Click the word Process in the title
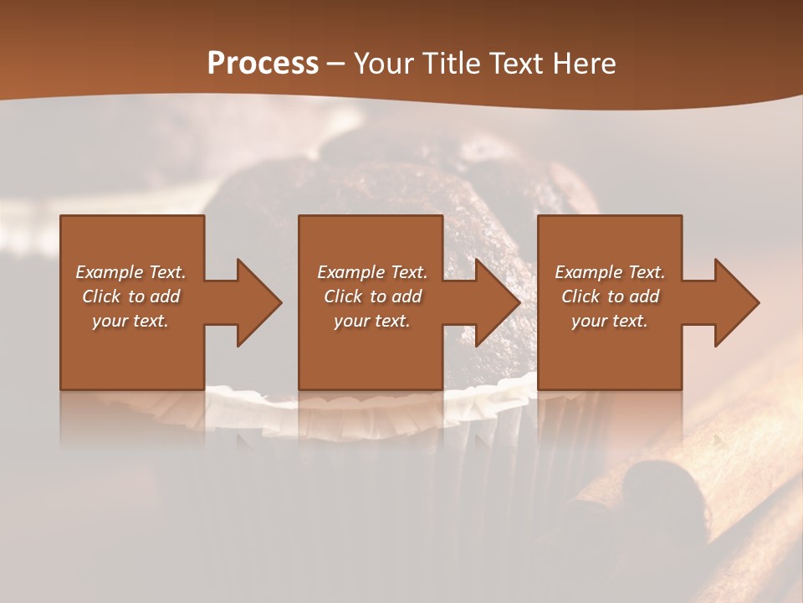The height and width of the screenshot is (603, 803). click(263, 64)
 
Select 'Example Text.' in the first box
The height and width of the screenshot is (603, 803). click(130, 272)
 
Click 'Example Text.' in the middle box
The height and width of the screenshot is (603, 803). click(371, 272)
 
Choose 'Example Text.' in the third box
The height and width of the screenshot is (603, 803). click(610, 272)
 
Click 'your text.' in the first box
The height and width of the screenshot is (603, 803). click(130, 321)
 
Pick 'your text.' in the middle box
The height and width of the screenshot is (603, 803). click(371, 321)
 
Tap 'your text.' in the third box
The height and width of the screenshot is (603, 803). click(610, 321)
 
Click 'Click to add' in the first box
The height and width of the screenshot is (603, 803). click(130, 296)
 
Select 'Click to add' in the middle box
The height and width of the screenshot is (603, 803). click(371, 296)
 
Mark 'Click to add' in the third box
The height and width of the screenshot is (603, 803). click(610, 296)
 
